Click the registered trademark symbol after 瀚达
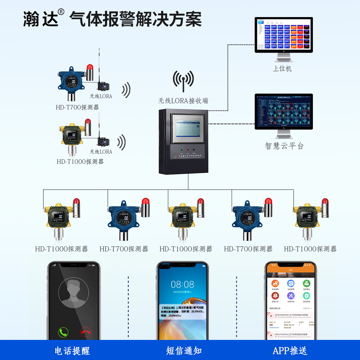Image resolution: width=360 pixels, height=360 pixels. pos(61,12)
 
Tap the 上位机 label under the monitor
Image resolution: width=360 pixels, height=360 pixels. pos(282,69)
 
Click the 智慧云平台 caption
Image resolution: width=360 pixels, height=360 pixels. pos(284,146)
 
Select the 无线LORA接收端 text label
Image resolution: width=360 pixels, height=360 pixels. pos(183,101)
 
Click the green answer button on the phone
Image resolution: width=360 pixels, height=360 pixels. pos(63,332)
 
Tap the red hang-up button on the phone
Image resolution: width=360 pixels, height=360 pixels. pos(86,332)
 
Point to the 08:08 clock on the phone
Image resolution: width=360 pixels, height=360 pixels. pos(182,284)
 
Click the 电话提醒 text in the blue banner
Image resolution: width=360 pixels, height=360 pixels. pos(72,351)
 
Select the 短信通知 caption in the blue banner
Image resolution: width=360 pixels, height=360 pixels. pos(184,351)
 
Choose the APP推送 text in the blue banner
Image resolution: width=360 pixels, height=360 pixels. pos(290,351)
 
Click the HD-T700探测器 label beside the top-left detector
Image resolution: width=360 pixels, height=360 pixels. pos(77,107)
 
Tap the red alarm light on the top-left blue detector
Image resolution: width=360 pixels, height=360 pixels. pos(90,67)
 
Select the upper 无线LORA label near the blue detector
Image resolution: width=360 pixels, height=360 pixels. pos(101,96)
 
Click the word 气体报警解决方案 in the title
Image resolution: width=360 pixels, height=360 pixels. pos(135,19)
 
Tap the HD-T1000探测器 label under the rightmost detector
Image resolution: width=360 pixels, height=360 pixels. pos(310,249)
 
